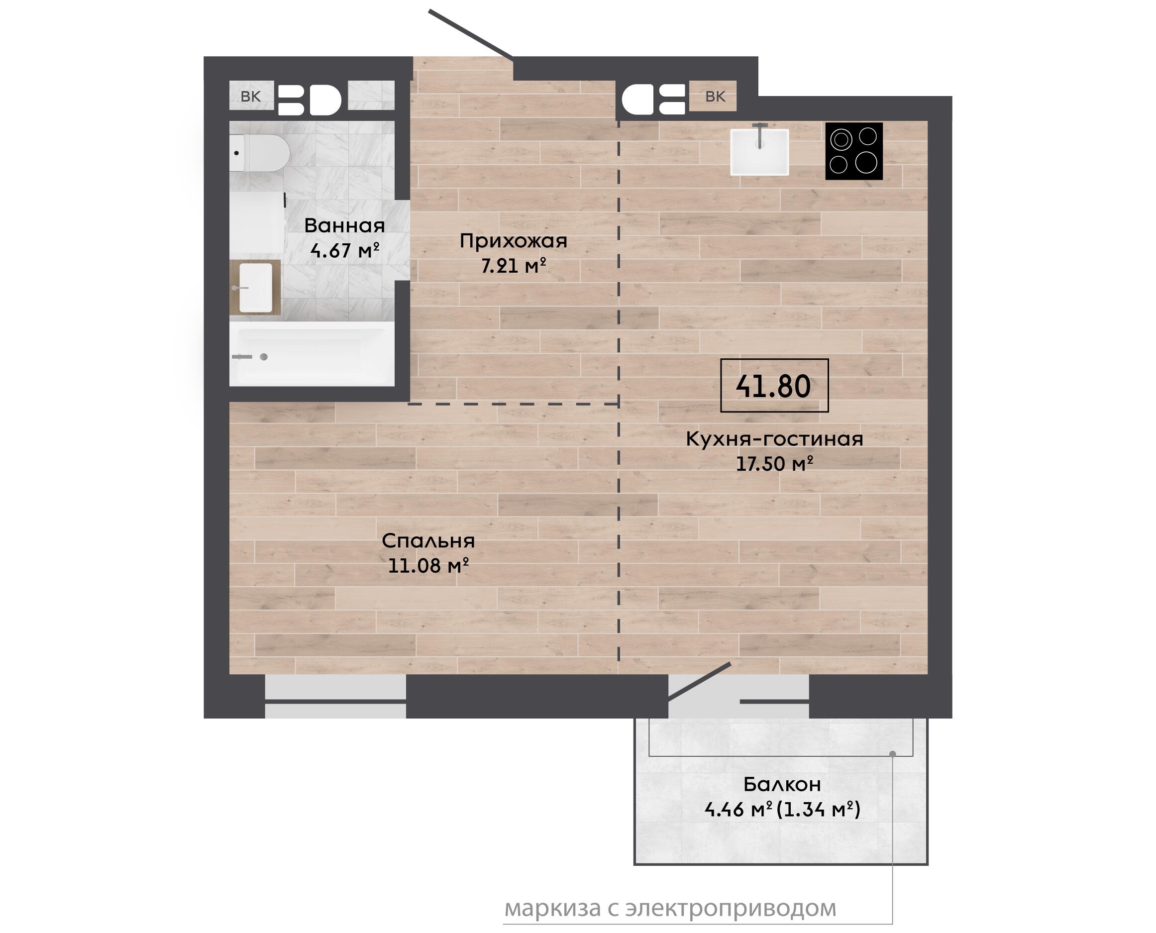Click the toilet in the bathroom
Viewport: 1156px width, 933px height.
(x=260, y=153)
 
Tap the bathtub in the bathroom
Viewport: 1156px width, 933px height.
(x=312, y=354)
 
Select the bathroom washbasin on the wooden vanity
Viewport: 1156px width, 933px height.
(x=255, y=288)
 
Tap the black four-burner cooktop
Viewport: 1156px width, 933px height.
(x=854, y=151)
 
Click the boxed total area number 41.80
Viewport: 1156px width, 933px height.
(x=774, y=386)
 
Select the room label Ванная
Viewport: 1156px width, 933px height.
(x=344, y=225)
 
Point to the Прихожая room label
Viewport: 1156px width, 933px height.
(x=513, y=241)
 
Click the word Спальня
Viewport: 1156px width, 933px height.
(x=428, y=541)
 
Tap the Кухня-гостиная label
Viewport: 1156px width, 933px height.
(x=774, y=439)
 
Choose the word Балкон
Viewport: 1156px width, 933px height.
(x=782, y=785)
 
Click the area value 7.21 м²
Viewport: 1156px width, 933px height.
(x=514, y=266)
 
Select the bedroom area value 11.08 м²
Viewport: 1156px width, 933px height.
(x=428, y=565)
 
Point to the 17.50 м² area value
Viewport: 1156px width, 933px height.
(x=774, y=463)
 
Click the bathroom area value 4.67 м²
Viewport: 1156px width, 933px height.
(x=344, y=250)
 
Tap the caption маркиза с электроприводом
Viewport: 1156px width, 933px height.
(x=670, y=908)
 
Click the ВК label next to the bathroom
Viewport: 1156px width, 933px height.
(x=251, y=96)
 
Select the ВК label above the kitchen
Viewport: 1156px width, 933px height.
(x=715, y=96)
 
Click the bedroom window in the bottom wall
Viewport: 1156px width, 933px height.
(x=335, y=696)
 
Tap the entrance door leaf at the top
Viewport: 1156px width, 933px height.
(x=471, y=33)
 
